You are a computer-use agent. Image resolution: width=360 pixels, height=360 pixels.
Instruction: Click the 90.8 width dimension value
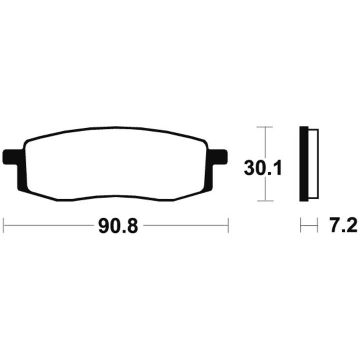[x=118, y=226]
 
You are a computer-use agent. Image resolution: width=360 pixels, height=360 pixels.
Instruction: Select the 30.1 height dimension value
[x=263, y=168]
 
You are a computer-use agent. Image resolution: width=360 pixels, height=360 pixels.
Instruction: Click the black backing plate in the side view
[x=304, y=164]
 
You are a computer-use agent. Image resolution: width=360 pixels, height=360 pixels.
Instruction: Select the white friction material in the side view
[x=314, y=164]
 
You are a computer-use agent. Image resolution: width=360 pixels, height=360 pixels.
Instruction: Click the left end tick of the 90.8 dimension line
[x=4, y=226]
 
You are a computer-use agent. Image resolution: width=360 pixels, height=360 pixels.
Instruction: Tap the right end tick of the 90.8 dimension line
[x=228, y=226]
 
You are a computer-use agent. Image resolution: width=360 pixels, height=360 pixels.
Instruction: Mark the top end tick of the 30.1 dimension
[x=265, y=127]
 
